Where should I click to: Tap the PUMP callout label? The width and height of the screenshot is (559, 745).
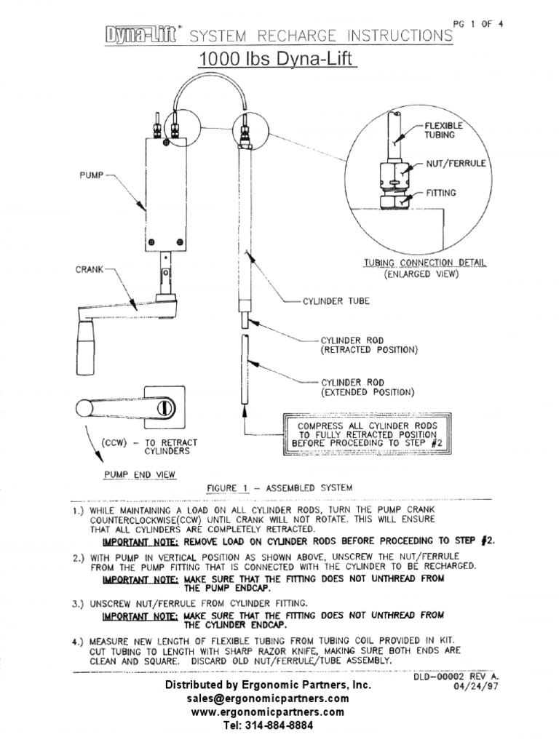(92, 175)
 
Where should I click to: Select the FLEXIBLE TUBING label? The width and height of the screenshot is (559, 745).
(444, 130)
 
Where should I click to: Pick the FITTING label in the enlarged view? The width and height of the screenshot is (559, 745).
(441, 194)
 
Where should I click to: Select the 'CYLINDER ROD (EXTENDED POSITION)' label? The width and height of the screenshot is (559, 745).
(368, 387)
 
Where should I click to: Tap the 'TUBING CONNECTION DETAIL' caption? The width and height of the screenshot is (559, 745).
(426, 263)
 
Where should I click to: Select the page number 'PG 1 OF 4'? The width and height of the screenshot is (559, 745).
(478, 23)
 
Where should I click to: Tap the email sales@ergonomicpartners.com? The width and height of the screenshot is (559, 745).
(268, 698)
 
